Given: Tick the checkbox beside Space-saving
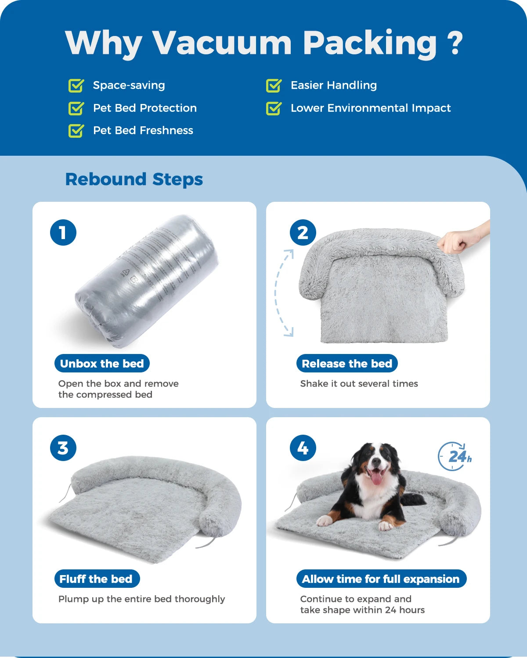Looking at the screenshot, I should point(76,86).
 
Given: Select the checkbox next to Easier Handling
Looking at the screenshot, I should point(274,86).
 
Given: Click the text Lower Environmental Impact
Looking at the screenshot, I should point(370,108).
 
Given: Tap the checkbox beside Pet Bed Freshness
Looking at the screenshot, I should point(76,131).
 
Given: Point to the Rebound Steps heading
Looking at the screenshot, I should point(134,179).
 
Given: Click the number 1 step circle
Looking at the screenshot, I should point(63,232).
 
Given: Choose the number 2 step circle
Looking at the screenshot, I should point(303,232).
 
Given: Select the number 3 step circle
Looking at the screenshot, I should point(63,448).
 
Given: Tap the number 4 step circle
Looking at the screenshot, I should point(303,448).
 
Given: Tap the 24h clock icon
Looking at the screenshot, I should point(454,457).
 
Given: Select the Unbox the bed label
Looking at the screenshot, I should point(102,364).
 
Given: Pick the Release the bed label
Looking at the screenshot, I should point(347,364).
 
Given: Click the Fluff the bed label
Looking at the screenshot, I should point(96,579).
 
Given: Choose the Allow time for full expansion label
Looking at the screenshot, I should point(381,579).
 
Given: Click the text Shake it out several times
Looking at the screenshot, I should point(359,384).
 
